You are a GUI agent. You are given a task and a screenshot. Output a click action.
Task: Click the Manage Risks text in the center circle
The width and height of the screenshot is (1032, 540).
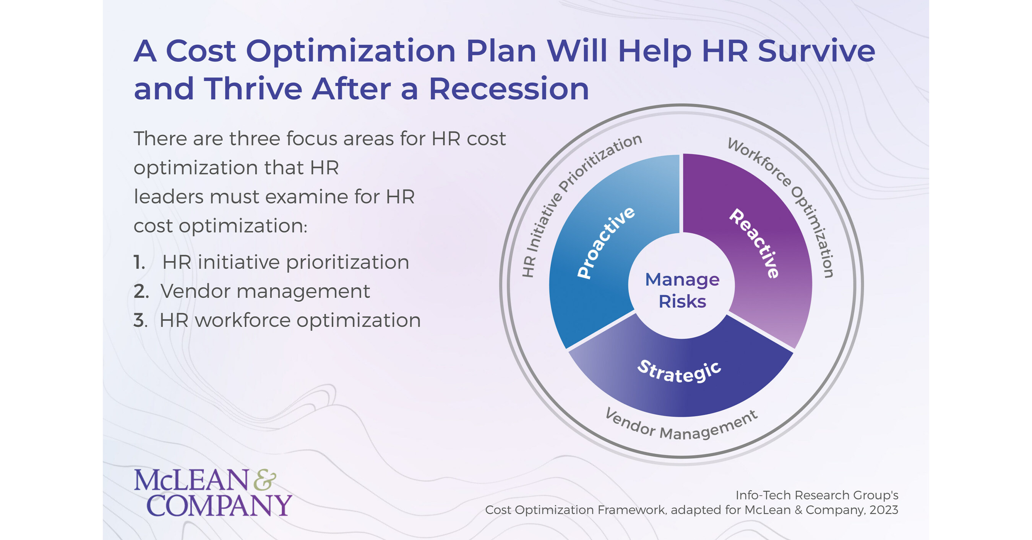682,290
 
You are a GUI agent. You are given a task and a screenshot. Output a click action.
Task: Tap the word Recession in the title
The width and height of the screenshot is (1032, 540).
509,89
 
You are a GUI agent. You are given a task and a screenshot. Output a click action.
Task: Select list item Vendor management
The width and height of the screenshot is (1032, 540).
265,291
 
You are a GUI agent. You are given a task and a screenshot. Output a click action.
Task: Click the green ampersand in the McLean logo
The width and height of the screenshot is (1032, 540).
265,480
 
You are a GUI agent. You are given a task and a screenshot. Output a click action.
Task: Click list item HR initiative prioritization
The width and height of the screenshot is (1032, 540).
285,263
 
